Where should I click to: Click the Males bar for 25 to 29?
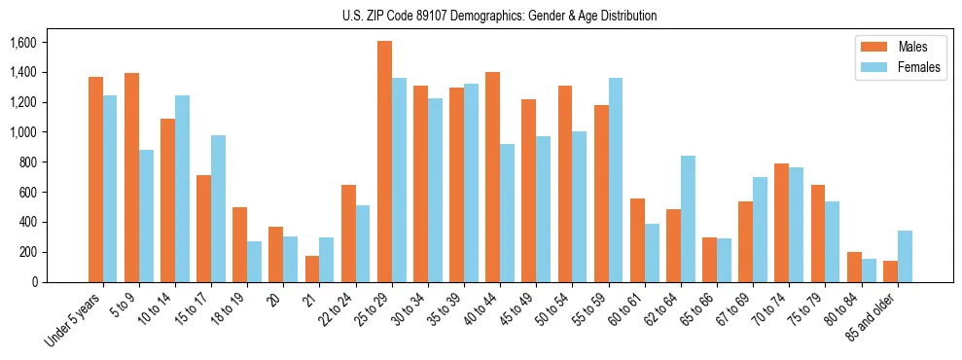[x=384, y=162]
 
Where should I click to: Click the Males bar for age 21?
[x=312, y=269]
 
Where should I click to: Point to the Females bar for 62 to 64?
[x=688, y=219]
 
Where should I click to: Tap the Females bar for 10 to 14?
[x=182, y=189]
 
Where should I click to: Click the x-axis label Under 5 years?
[x=76, y=318]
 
